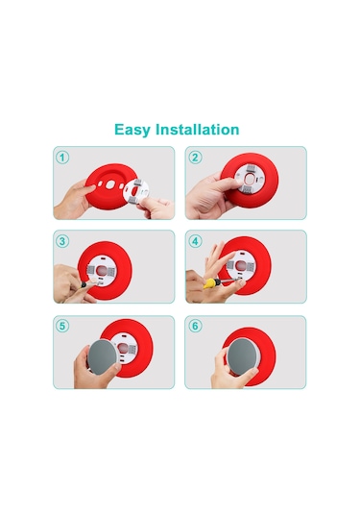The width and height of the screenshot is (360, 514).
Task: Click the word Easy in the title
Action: [132, 130]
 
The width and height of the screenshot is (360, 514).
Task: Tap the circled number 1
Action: [63, 158]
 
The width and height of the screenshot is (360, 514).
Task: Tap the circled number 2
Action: [195, 158]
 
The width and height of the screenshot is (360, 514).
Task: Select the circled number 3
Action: [63, 241]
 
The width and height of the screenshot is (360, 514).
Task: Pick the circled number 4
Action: [195, 241]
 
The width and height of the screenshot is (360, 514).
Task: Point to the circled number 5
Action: [63, 326]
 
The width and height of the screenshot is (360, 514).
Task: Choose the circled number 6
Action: [195, 326]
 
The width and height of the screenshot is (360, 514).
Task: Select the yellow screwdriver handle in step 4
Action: [206, 282]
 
